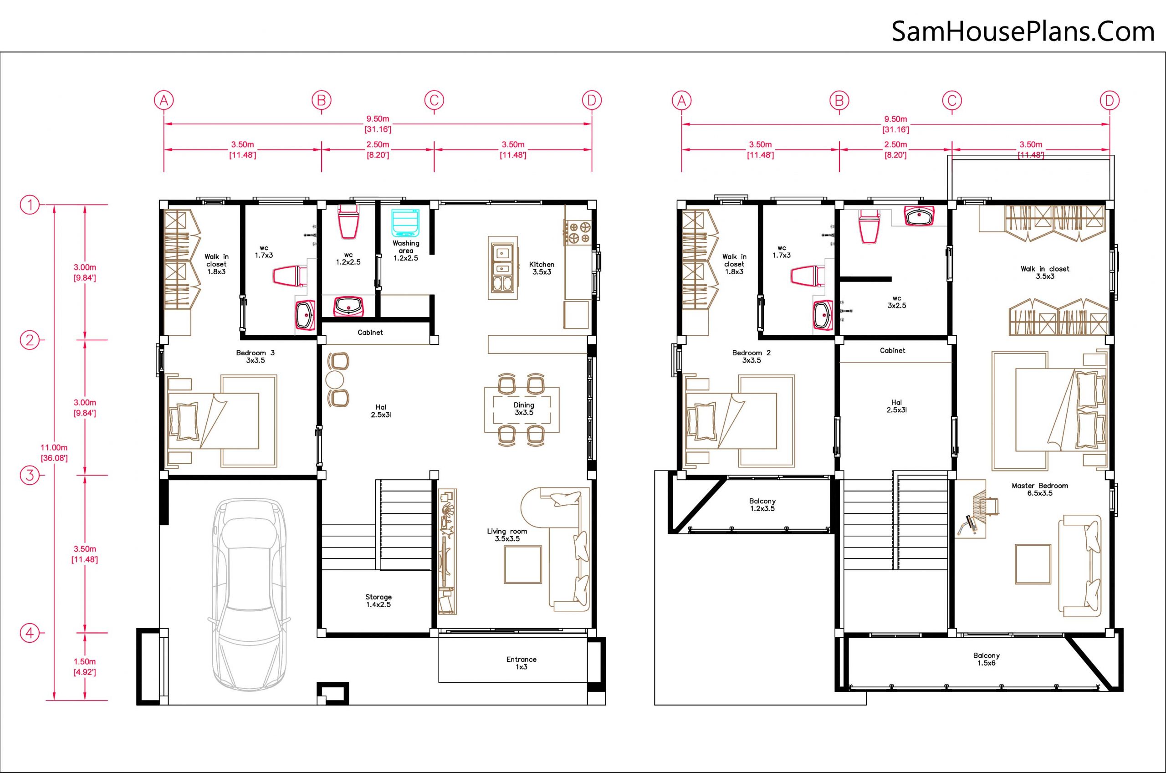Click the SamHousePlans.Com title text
point(1023,31)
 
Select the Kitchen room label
point(542,268)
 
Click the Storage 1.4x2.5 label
point(378,600)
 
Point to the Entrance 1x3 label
point(522,663)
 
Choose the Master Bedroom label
point(1040,489)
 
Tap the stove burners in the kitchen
point(578,233)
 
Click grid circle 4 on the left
point(30,633)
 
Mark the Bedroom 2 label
point(752,356)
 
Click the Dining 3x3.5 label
point(524,409)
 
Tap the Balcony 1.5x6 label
point(987,659)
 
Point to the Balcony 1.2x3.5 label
point(762,505)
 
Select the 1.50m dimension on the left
point(85,666)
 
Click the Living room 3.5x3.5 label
point(507,535)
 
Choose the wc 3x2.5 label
point(896,302)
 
